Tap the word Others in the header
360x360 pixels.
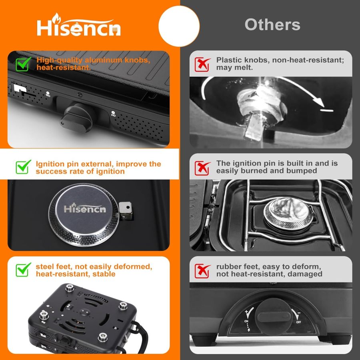point(272,25)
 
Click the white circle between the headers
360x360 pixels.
point(179,26)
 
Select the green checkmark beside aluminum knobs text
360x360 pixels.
point(24,64)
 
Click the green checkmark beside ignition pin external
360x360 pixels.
point(24,167)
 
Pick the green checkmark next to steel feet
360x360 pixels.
point(24,270)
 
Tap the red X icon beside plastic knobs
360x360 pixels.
point(203,64)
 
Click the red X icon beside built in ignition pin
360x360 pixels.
point(203,167)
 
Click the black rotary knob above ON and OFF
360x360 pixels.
point(274,316)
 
